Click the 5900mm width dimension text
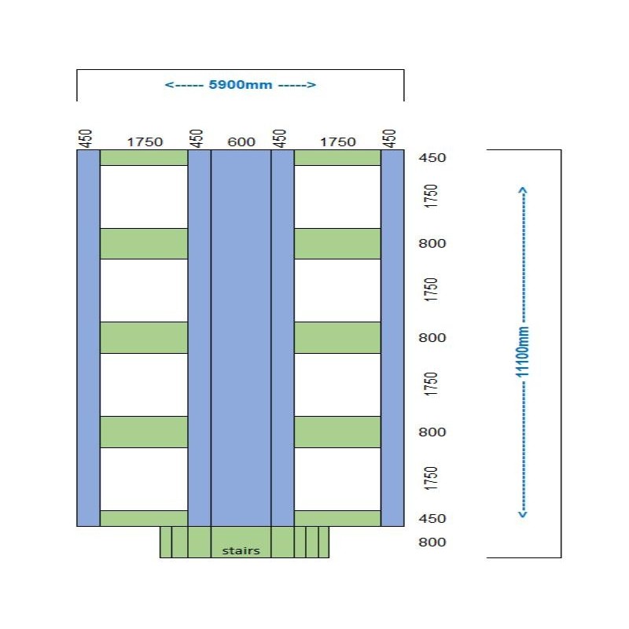point(241,85)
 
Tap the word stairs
point(241,550)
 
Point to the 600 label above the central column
point(241,142)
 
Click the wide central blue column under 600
point(241,338)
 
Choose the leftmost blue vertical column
point(88,338)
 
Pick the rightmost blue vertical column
point(392,338)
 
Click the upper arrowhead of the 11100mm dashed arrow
point(524,189)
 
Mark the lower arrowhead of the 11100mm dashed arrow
point(524,515)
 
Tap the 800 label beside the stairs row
point(432,542)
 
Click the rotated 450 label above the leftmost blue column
point(87,138)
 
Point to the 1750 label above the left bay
point(145,142)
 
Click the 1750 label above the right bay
point(337,142)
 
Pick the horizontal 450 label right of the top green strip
point(432,158)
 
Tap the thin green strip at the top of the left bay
point(144,157)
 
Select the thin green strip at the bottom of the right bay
point(337,518)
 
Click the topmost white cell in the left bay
point(144,197)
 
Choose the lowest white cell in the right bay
point(337,479)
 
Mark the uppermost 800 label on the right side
point(432,244)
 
